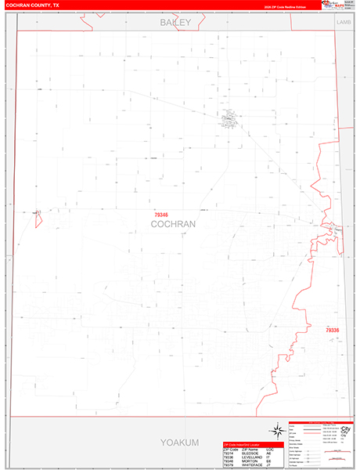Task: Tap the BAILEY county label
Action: click(x=175, y=23)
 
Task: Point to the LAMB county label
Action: click(x=344, y=23)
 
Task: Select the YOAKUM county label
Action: click(x=175, y=443)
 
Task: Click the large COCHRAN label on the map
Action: click(x=173, y=224)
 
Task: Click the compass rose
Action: click(x=276, y=430)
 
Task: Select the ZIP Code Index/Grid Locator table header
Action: click(x=250, y=444)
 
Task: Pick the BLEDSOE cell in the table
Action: click(x=250, y=453)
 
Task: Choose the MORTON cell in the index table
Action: click(x=250, y=462)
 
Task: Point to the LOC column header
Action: click(x=268, y=449)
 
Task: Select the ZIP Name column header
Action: click(x=250, y=449)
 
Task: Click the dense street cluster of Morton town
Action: click(x=229, y=120)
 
